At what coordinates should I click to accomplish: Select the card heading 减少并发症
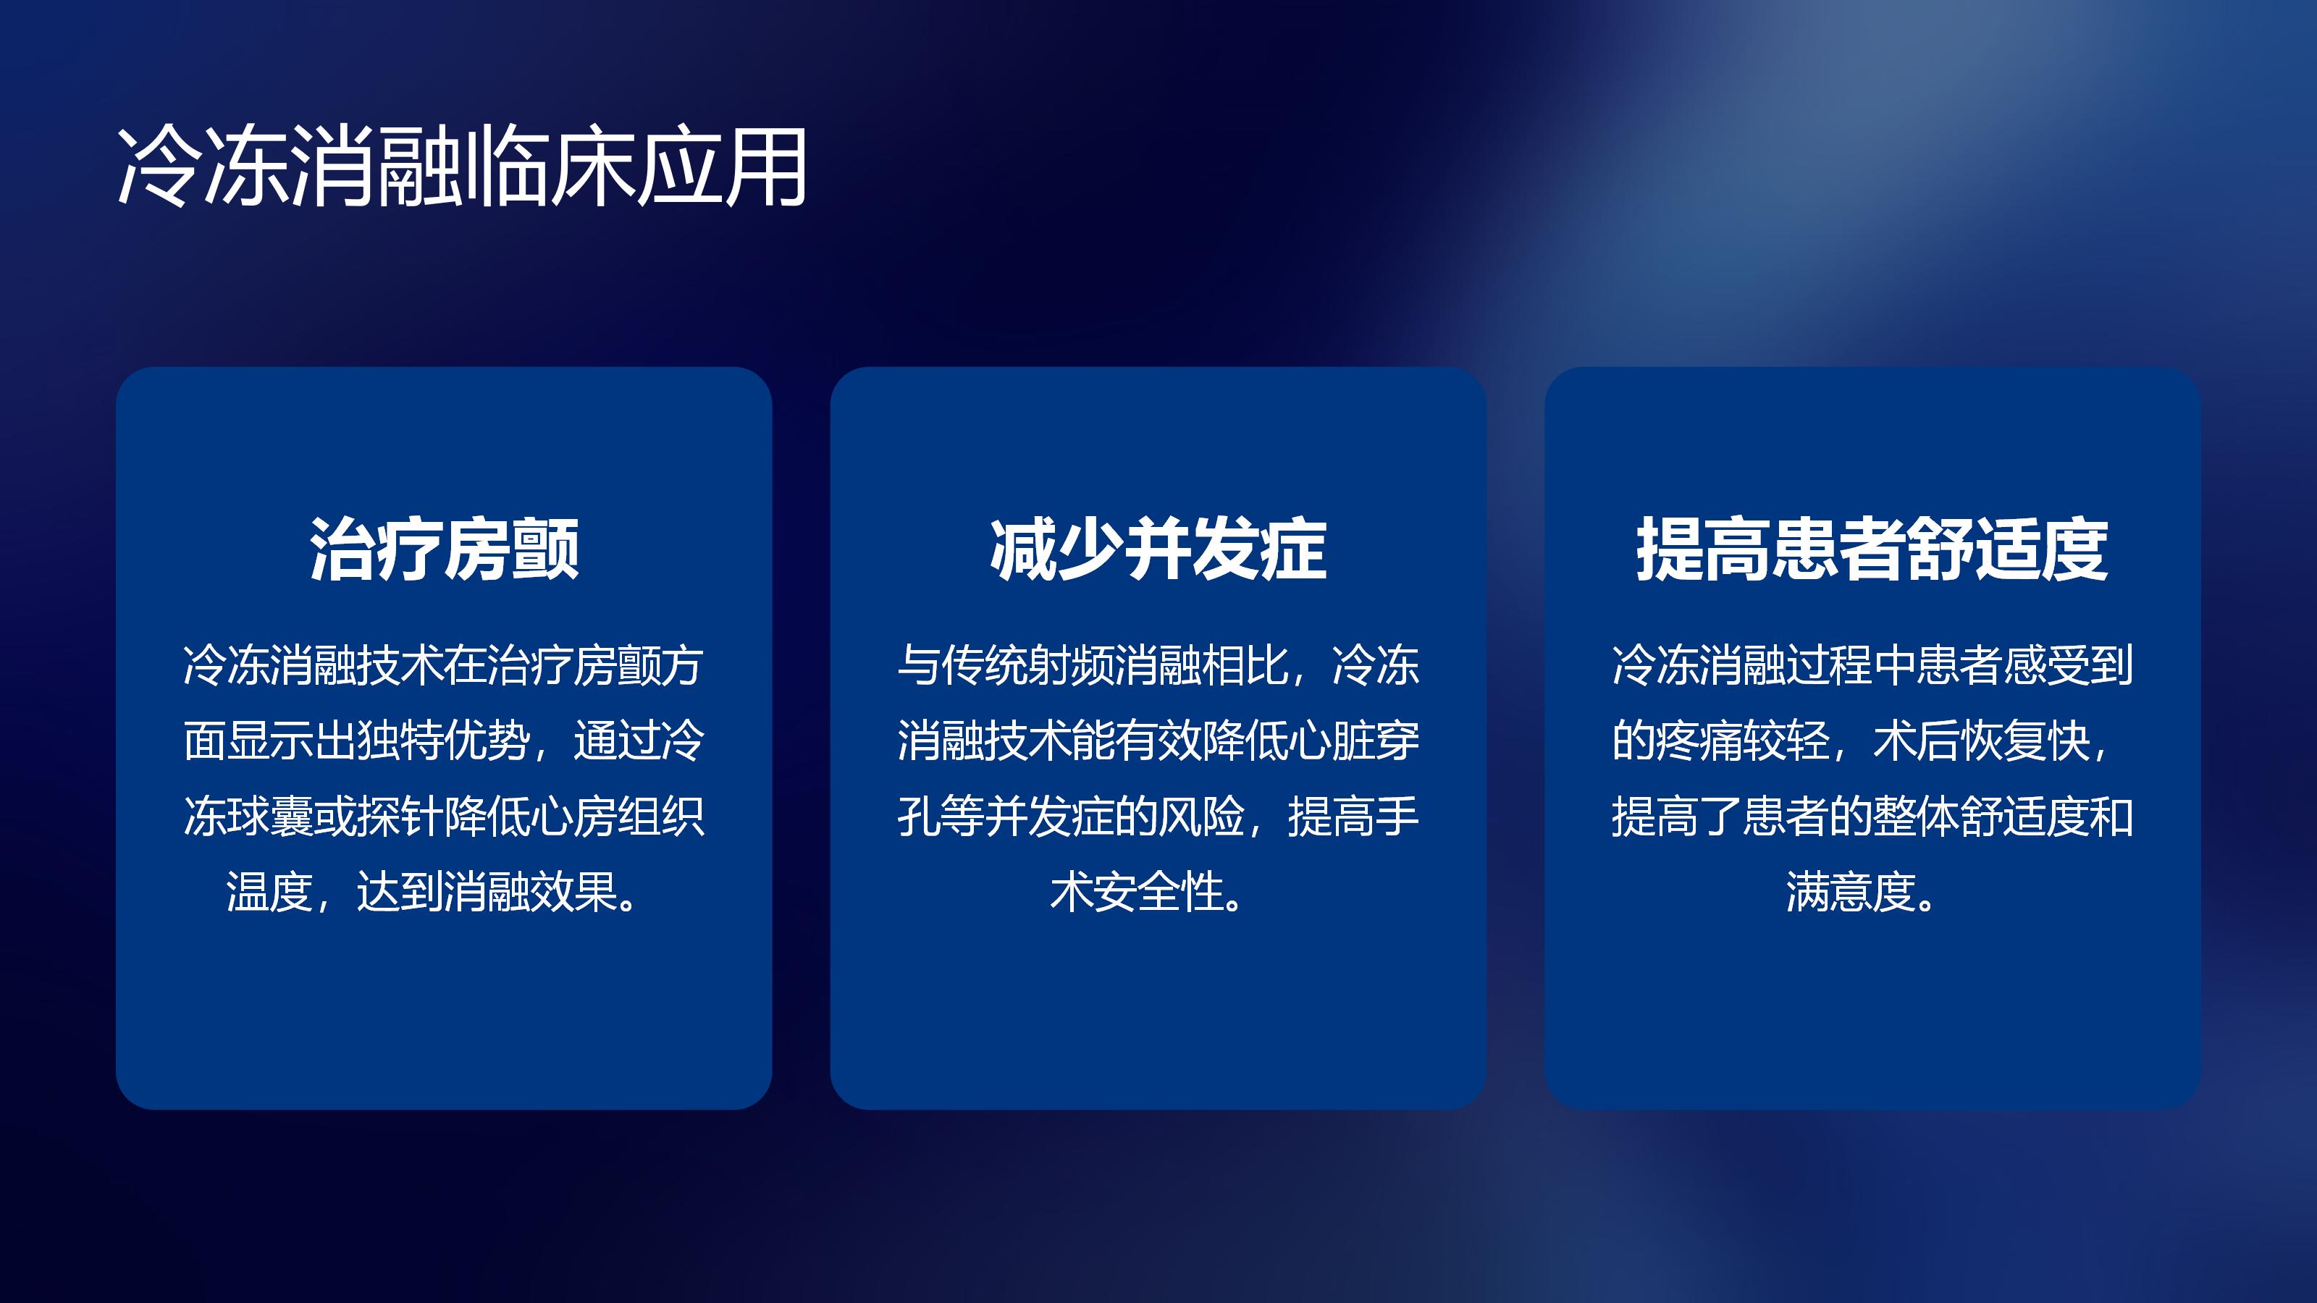tap(1158, 549)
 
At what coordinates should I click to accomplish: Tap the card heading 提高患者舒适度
tap(1872, 549)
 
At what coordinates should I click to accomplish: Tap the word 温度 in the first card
tap(269, 893)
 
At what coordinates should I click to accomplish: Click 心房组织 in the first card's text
tap(618, 817)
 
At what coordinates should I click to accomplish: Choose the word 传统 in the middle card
tap(985, 666)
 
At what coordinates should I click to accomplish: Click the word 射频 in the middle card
tap(1072, 666)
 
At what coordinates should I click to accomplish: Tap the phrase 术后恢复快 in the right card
tap(1982, 742)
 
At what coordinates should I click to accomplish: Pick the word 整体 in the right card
tap(1916, 817)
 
